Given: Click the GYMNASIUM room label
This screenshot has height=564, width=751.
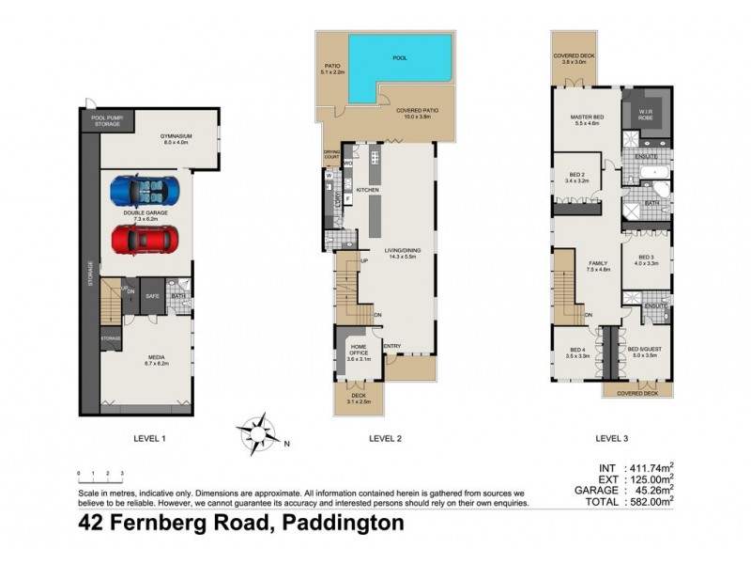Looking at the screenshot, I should click(176, 139).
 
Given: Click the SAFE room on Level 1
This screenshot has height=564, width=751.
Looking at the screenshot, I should click(151, 297).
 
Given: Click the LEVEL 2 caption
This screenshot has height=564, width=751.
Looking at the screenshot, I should click(385, 438).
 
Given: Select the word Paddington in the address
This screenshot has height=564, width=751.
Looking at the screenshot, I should click(339, 523).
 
